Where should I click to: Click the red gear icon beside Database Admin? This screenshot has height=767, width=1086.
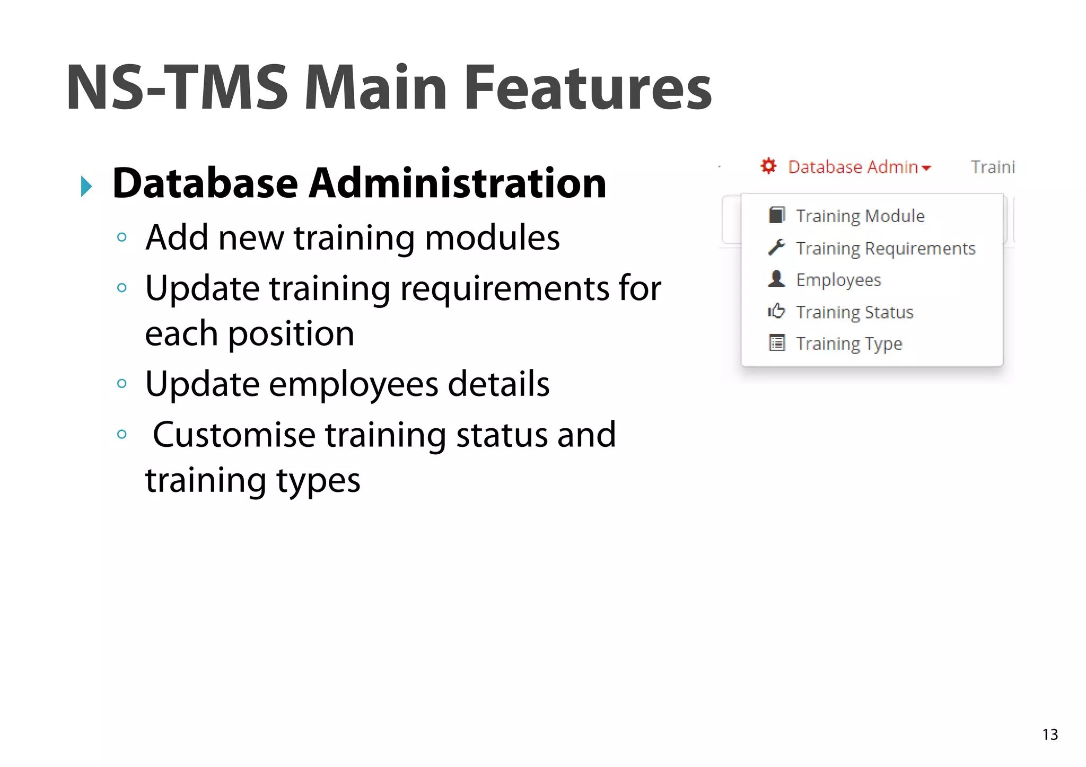click(x=768, y=166)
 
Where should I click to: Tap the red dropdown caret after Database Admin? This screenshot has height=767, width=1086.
click(x=926, y=169)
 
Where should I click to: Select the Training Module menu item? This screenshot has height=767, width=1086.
click(x=860, y=216)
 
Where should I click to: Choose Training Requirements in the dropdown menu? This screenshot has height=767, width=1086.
click(x=886, y=248)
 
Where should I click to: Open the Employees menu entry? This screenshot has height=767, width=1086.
click(x=838, y=280)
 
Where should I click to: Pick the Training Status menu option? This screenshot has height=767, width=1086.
click(x=854, y=312)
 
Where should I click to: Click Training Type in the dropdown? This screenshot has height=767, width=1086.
click(x=849, y=343)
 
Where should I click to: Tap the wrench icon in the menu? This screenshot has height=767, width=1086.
click(x=776, y=248)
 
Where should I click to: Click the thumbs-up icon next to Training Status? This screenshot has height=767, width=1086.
click(x=776, y=311)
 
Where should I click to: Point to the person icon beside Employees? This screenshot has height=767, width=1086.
click(x=776, y=279)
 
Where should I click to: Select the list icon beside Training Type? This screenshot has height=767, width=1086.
click(x=777, y=343)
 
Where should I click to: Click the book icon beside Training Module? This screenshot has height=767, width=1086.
click(x=777, y=215)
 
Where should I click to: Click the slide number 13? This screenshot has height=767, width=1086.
click(x=1050, y=735)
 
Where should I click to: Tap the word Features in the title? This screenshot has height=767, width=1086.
click(x=588, y=88)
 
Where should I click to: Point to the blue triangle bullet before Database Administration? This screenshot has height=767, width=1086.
click(x=86, y=187)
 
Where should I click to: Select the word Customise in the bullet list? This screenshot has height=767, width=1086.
click(x=234, y=435)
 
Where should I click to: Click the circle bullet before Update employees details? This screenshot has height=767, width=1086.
click(x=122, y=384)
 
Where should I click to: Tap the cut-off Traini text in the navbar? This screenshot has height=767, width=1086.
click(x=993, y=167)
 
